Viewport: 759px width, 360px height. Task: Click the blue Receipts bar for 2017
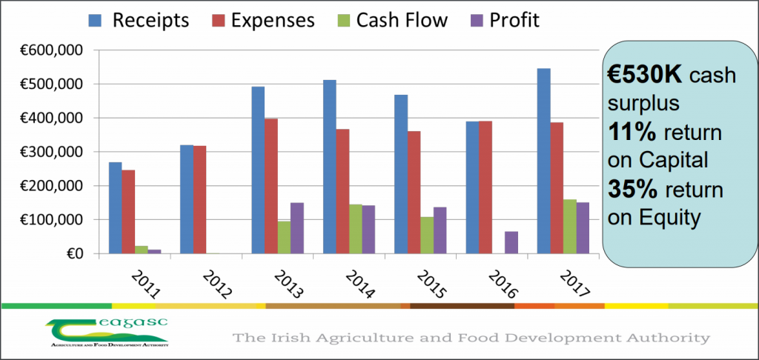click(543, 161)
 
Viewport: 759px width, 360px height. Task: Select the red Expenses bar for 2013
click(271, 200)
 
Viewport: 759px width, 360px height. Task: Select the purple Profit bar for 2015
click(440, 230)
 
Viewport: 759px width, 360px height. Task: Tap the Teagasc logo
click(107, 333)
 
